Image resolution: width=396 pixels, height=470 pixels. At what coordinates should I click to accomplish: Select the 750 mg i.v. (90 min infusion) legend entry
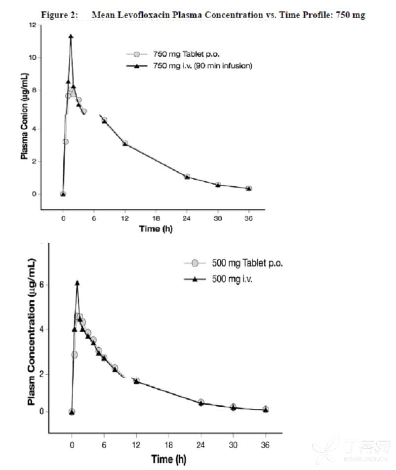[190, 66]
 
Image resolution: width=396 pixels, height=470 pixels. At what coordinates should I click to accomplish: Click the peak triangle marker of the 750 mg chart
[71, 37]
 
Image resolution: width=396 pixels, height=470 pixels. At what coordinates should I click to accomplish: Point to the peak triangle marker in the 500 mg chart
[77, 283]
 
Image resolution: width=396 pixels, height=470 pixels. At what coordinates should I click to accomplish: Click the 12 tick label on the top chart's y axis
[33, 25]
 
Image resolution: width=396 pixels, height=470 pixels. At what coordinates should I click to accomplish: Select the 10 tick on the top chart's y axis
[33, 58]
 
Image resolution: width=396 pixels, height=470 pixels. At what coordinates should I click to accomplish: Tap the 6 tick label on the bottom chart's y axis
[41, 285]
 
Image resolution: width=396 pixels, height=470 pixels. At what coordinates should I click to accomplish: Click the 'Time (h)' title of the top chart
[156, 229]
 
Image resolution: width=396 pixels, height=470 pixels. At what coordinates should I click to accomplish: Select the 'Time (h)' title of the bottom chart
[169, 459]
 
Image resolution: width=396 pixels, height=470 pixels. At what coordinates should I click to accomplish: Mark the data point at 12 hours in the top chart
[125, 144]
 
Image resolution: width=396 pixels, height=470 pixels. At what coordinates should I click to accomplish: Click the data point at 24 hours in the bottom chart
[201, 402]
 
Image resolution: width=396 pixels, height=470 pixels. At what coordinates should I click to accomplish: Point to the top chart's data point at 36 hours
[249, 188]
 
